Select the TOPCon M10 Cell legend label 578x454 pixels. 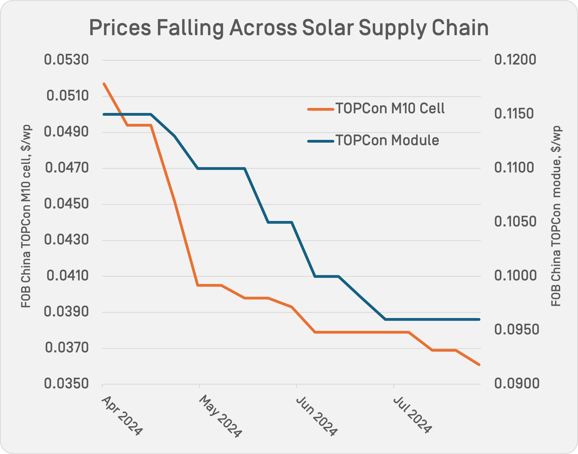click(x=390, y=108)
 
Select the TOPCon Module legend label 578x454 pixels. click(x=387, y=140)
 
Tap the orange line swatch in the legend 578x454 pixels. click(x=321, y=109)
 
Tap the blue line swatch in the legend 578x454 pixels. click(x=321, y=141)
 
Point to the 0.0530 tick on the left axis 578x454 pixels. click(x=67, y=60)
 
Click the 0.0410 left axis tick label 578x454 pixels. click(x=68, y=276)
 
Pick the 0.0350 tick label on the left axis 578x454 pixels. click(x=67, y=384)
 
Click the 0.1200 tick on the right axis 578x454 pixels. click(x=515, y=60)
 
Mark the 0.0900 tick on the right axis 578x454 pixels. click(x=517, y=384)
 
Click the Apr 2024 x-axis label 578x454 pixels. click(x=122, y=415)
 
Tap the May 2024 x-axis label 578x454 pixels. click(x=220, y=416)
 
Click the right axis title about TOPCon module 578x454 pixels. click(x=556, y=216)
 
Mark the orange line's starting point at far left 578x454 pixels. click(x=104, y=84)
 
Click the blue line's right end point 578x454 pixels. click(x=479, y=319)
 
